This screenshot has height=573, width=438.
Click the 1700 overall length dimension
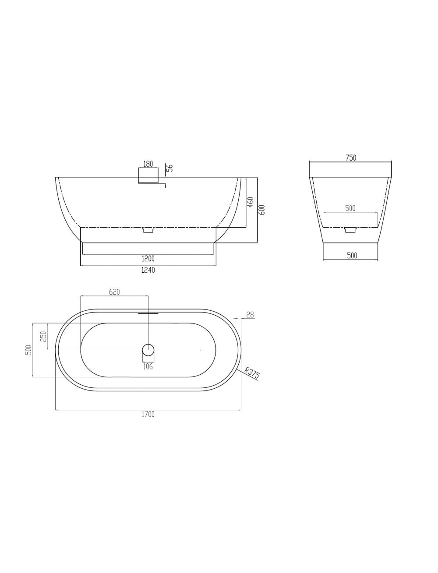[148, 414]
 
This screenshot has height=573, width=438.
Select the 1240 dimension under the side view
[148, 270]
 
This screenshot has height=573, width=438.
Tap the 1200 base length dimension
[148, 259]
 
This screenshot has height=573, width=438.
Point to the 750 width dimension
[351, 158]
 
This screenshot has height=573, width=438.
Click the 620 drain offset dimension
[114, 292]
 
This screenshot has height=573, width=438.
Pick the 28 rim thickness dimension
[250, 315]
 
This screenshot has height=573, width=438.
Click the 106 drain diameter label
[148, 367]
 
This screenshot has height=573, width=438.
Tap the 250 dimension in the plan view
[44, 337]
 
